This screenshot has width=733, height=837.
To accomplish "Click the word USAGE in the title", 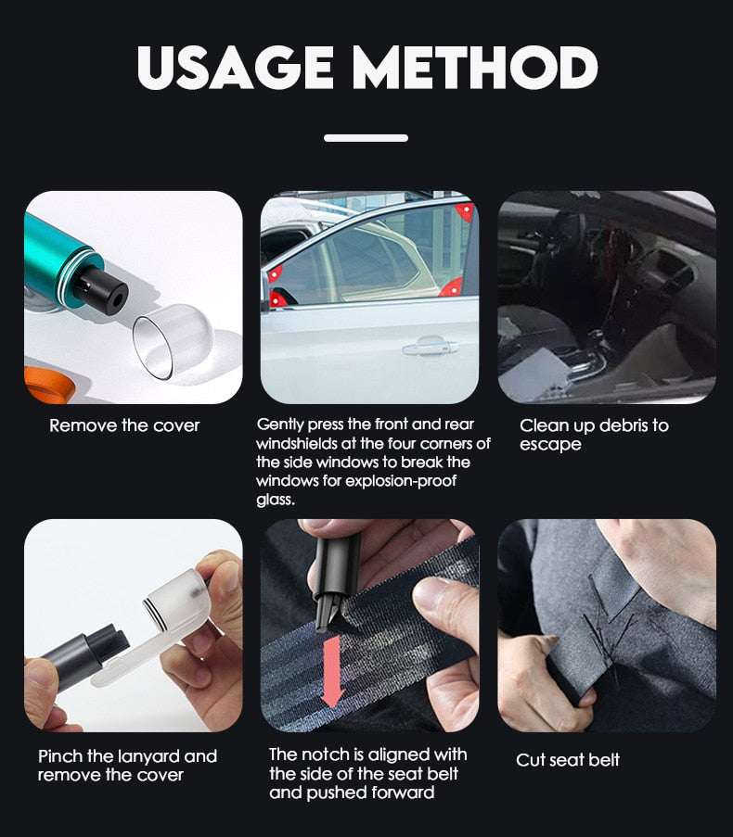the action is pyautogui.click(x=235, y=68).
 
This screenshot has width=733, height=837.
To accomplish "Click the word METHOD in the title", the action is pyautogui.click(x=474, y=68).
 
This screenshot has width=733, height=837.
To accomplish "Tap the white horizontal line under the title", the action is pyautogui.click(x=366, y=138).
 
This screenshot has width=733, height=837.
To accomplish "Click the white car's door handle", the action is pyautogui.click(x=431, y=346).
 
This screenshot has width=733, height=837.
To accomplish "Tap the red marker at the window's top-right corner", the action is pyautogui.click(x=464, y=211).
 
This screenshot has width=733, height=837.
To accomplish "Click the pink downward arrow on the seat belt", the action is pyautogui.click(x=332, y=671).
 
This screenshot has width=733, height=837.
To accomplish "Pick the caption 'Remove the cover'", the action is pyautogui.click(x=124, y=425).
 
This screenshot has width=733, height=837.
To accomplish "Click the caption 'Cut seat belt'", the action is pyautogui.click(x=568, y=759).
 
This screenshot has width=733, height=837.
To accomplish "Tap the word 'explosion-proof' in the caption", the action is pyautogui.click(x=401, y=480).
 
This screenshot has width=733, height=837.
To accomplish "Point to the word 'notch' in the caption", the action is pyautogui.click(x=320, y=755).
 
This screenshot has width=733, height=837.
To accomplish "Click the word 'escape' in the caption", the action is pyautogui.click(x=550, y=445).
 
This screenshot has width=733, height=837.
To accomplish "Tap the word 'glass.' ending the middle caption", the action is pyautogui.click(x=276, y=500).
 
